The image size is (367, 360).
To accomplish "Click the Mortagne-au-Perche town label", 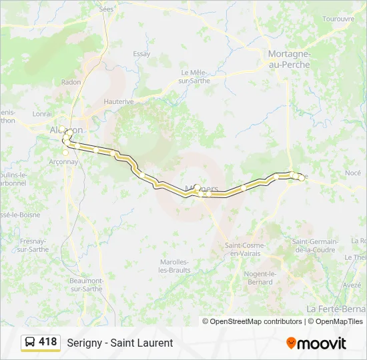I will [x=287, y=58].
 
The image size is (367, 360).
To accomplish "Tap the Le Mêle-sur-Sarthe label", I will [x=195, y=76].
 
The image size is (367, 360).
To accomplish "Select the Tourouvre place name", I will [x=338, y=19].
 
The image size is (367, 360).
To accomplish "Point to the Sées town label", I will [x=106, y=9].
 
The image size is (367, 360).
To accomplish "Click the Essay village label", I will [x=141, y=54].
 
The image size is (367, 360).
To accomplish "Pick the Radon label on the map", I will [x=71, y=82].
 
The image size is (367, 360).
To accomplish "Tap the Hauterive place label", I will [x=119, y=101].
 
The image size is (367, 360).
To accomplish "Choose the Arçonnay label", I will [x=63, y=161].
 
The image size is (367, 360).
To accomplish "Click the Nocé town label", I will [x=353, y=173].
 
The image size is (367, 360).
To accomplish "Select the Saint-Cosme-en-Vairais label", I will [x=246, y=249].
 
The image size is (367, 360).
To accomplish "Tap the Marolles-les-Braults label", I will [x=174, y=265].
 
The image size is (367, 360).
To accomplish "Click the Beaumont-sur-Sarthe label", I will [x=86, y=285].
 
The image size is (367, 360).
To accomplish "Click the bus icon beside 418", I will [x=30, y=342].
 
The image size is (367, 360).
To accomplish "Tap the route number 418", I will [x=47, y=342].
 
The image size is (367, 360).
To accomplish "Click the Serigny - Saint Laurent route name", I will [x=119, y=343].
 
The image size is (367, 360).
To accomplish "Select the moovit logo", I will [x=316, y=343].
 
